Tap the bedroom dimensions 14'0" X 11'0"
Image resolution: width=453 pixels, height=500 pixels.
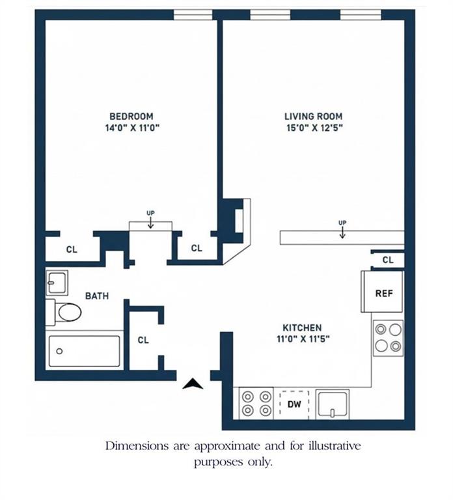tap(132, 128)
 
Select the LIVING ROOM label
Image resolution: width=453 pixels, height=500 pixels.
tap(313, 117)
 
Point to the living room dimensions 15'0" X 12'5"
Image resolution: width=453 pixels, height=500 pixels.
tap(313, 128)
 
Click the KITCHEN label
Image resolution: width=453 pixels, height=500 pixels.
tap(301, 327)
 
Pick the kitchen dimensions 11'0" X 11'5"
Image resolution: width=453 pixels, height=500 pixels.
tap(301, 339)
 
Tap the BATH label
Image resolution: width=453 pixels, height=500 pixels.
tap(97, 296)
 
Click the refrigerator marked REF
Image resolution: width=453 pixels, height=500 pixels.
tap(384, 294)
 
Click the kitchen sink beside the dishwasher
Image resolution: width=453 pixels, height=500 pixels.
tap(332, 404)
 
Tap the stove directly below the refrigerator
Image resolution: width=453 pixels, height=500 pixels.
tap(388, 338)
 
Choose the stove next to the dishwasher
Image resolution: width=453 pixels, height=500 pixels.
tap(256, 403)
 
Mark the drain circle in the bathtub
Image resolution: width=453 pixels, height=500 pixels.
tap(59, 352)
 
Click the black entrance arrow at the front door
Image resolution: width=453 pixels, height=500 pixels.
tap(193, 384)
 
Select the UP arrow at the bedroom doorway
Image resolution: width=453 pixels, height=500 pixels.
tap(150, 221)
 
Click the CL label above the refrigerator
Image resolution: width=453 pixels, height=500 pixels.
tap(388, 260)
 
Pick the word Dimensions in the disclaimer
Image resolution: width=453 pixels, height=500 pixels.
tap(133, 447)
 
